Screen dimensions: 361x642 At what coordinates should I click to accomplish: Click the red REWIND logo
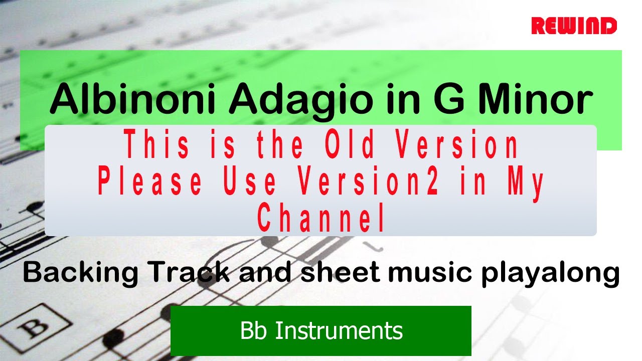point(574,26)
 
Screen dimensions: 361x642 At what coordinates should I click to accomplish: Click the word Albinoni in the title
point(134,99)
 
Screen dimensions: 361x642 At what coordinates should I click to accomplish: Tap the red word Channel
point(322,218)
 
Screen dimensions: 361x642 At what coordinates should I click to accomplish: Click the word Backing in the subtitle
point(80,272)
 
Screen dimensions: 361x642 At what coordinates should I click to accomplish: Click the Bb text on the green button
point(253,331)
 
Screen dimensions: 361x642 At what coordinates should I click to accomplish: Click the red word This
point(156,145)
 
